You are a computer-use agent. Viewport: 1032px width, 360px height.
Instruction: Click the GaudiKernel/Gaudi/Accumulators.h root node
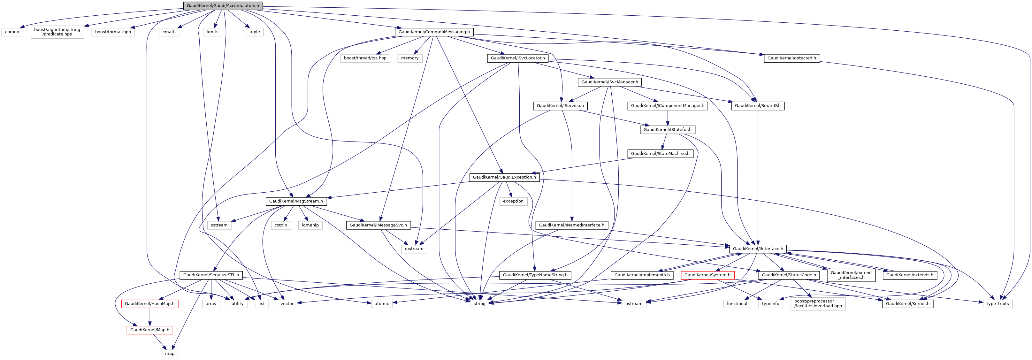coord(223,6)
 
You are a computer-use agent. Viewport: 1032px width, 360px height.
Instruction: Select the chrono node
coord(12,32)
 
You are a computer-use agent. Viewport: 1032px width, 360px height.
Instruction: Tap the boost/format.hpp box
coord(113,32)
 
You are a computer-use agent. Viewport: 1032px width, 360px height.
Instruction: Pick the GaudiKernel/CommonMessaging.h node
coord(434,32)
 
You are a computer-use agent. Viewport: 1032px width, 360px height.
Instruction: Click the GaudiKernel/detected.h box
coord(791,58)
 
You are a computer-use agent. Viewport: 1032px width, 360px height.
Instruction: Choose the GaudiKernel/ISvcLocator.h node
coord(518,58)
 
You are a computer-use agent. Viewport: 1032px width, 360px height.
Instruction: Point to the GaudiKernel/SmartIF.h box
coord(758,106)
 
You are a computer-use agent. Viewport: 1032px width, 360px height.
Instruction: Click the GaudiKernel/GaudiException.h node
coord(504,177)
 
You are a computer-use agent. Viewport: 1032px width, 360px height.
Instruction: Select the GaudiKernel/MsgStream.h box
coord(296,201)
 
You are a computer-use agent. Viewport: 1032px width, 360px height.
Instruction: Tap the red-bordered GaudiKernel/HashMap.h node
coord(149,303)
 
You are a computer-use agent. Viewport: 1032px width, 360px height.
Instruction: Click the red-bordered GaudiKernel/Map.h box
coord(149,330)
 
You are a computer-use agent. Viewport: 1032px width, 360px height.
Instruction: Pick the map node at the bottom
coord(170,354)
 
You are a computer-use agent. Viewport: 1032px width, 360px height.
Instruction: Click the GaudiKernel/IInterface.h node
coord(758,249)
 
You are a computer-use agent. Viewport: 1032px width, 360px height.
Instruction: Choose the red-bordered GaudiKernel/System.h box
coord(707,275)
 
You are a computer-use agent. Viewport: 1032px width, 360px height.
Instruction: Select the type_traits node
coord(997,303)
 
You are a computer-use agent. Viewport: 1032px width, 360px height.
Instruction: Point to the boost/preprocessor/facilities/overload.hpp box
coord(818,303)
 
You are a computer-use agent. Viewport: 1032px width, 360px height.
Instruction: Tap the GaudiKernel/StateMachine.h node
coord(660,153)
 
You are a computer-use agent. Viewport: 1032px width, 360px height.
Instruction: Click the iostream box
coord(414,249)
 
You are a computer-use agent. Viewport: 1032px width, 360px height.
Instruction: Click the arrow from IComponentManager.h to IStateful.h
coord(668,118)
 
